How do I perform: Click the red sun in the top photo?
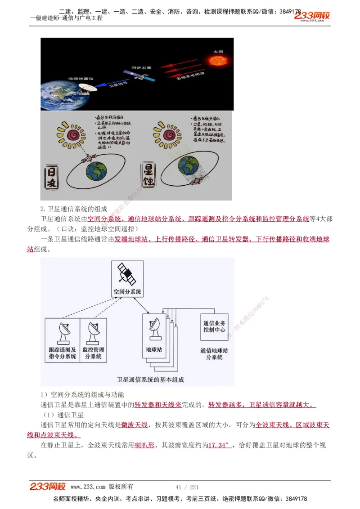tap(217, 60)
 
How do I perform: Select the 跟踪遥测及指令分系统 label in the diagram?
tap(62, 353)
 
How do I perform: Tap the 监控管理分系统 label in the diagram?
tap(93, 353)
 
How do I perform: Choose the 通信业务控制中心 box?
tap(214, 326)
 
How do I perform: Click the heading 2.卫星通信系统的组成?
tap(74, 209)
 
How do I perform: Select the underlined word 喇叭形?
tap(144, 445)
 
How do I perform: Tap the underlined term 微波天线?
tap(134, 424)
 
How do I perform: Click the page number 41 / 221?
tap(187, 487)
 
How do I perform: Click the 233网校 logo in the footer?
tap(48, 487)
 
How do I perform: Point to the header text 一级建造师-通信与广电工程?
tap(66, 18)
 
